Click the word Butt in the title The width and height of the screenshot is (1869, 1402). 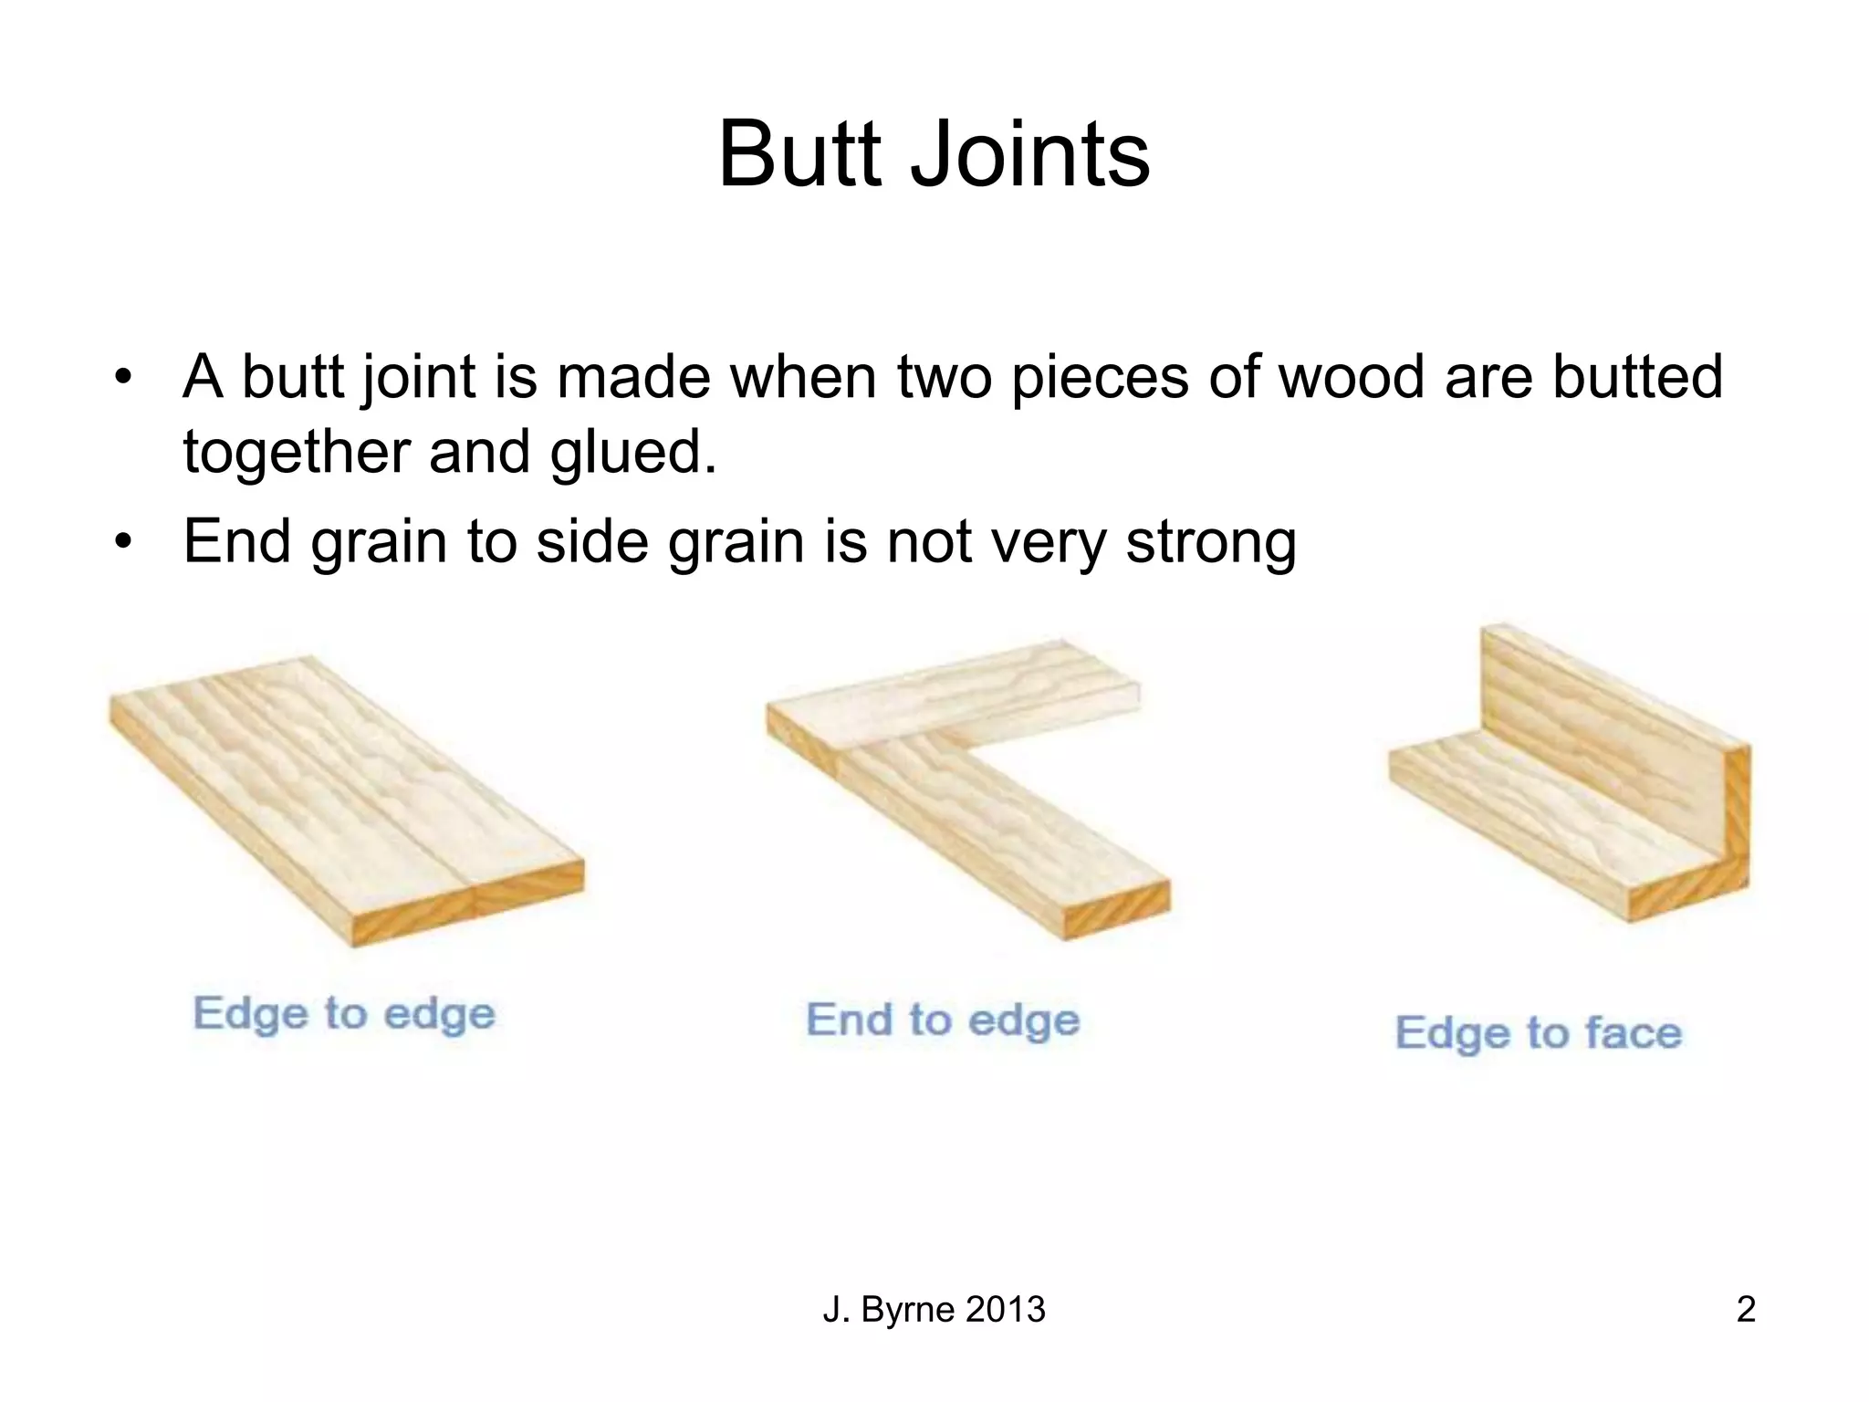(802, 155)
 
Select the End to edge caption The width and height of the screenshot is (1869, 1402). (943, 1020)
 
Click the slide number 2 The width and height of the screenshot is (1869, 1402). (1745, 1309)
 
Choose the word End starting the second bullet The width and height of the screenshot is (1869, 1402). (236, 541)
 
